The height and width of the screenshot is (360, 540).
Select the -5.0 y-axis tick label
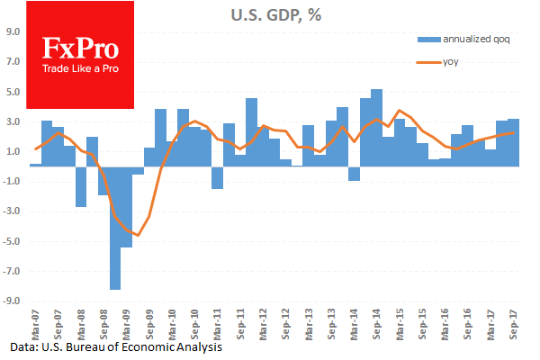pos(13,241)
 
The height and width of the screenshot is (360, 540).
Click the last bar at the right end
pos(513,142)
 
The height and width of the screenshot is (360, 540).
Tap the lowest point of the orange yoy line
pos(137,235)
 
